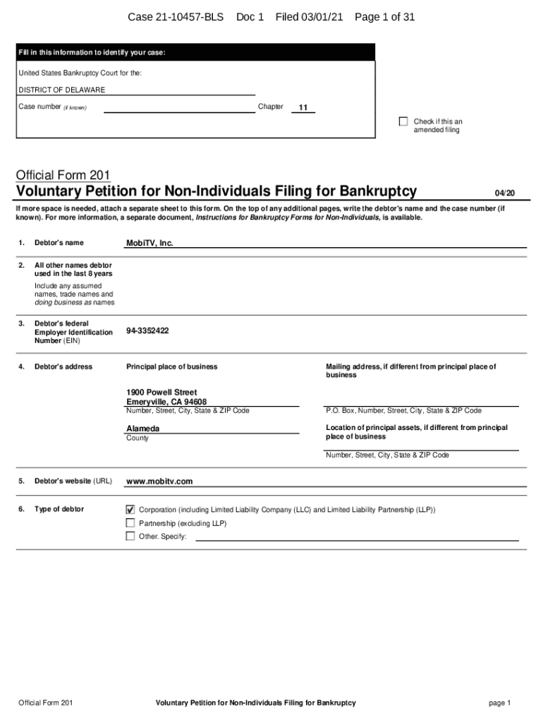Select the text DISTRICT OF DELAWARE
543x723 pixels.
coord(61,90)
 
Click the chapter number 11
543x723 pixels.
coord(303,108)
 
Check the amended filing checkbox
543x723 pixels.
coord(403,121)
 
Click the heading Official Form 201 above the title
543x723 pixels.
coord(63,175)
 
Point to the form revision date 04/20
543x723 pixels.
coord(505,193)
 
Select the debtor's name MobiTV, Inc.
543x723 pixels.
coord(150,243)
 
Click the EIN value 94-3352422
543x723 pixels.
coord(147,330)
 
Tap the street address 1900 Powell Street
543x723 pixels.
coord(161,392)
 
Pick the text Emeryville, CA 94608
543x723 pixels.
coord(166,402)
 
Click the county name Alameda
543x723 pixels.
coord(142,429)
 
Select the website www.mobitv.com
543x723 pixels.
coord(159,482)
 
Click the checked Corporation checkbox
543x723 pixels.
coord(130,509)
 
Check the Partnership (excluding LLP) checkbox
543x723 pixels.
coord(130,523)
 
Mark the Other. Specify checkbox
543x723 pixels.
coord(130,536)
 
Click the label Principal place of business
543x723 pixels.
coord(171,366)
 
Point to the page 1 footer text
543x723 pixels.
coord(499,703)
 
